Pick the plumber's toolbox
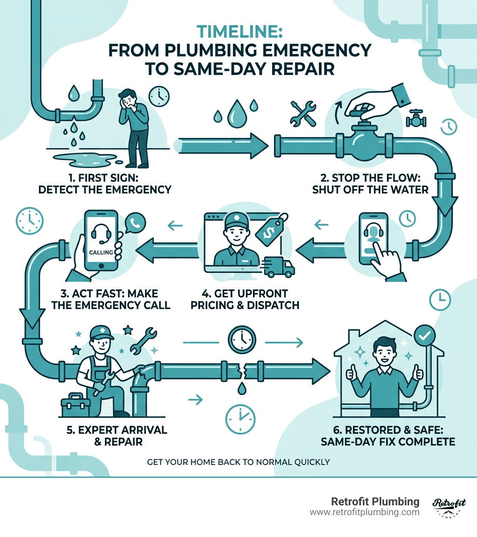coord(75,403)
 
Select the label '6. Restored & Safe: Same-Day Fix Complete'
coord(388,435)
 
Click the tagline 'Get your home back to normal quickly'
coord(238,462)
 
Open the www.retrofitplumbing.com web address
coord(364,512)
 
